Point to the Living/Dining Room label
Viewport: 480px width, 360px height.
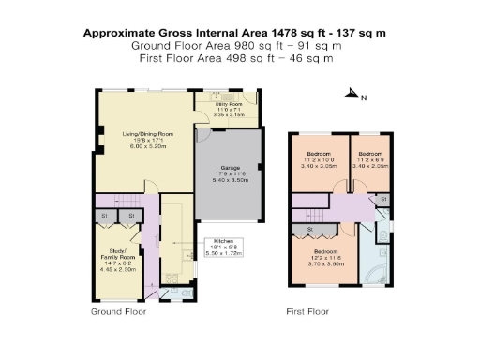(145, 140)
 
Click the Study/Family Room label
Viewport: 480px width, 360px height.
(119, 259)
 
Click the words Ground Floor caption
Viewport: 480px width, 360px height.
(118, 309)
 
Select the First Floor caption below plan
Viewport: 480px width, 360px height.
(309, 309)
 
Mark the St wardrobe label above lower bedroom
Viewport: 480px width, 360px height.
(309, 228)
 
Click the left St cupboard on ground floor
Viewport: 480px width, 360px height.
(105, 217)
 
